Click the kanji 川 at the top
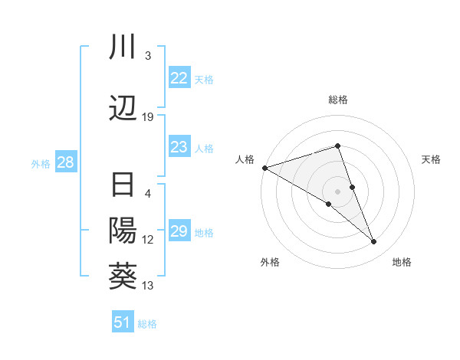123,47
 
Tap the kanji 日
123,187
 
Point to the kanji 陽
123,229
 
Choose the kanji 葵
123,273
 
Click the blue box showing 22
179,78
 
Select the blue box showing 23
179,148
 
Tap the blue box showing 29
179,232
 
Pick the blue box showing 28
65,163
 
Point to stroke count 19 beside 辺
148,116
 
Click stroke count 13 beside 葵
148,286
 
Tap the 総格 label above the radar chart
338,100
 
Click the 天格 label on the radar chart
432,159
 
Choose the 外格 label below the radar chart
270,263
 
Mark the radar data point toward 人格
264,167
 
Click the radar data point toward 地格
373,242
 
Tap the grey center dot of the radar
338,191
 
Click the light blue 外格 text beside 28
40,164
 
